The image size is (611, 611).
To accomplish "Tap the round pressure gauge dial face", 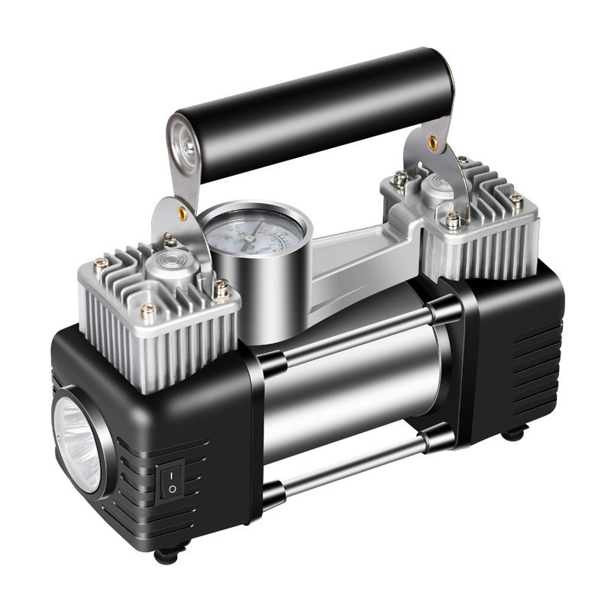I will tap(255, 232).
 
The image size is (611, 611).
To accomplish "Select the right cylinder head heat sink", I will tap(477, 229).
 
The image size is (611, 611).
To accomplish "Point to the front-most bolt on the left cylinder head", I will tap(148, 310).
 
